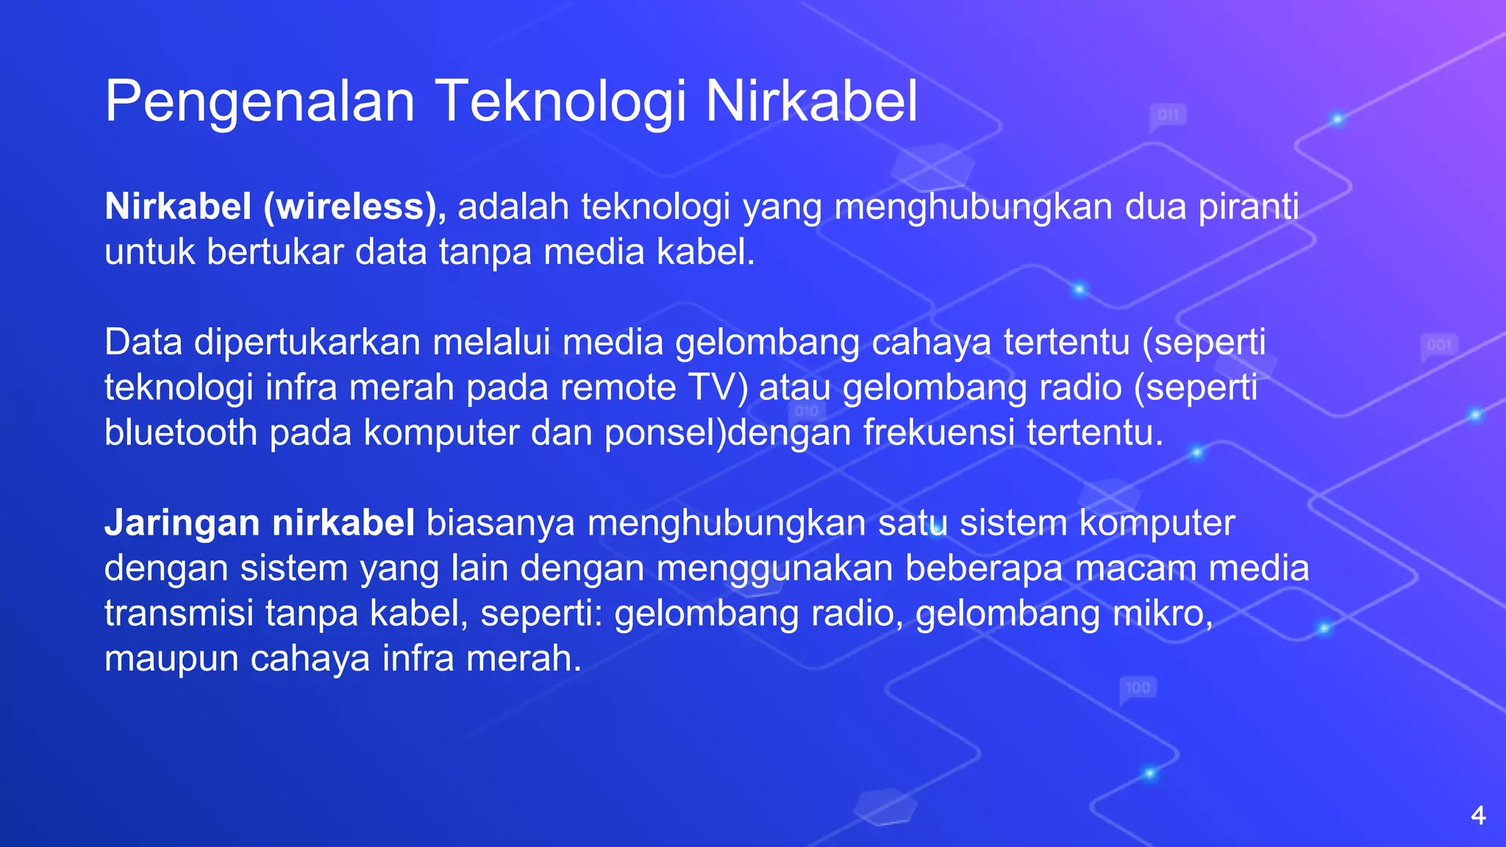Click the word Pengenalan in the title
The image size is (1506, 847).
tap(260, 101)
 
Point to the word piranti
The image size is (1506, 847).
tap(1249, 207)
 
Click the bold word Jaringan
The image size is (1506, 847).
tap(182, 523)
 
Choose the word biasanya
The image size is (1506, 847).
tap(501, 523)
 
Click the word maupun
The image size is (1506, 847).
tap(171, 659)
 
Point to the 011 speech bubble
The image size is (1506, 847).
tap(1168, 115)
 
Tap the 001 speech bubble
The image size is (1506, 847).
tap(1439, 346)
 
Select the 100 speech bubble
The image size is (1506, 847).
tap(1138, 688)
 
